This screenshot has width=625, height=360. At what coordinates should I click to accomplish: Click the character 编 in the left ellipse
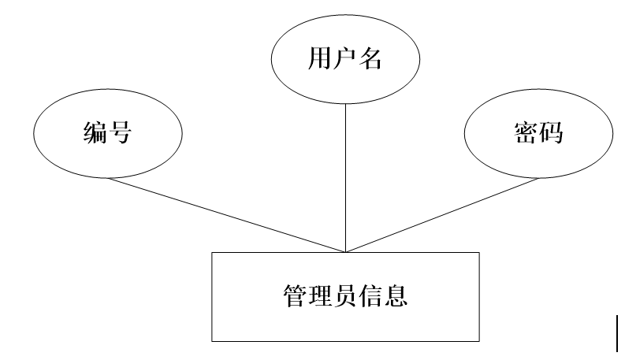coord(95,133)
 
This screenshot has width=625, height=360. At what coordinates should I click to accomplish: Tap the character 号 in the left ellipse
coord(119,133)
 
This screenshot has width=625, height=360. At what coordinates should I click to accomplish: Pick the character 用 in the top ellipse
coord(319,60)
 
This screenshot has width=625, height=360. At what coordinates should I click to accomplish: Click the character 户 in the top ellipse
coord(344,60)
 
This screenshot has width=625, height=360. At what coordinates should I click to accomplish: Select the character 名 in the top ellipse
coord(370,60)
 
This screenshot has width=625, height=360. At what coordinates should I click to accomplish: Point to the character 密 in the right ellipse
coord(525,133)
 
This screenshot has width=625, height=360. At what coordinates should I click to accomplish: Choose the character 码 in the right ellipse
coord(550,133)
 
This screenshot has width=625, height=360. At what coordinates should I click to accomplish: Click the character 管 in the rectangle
coord(295,295)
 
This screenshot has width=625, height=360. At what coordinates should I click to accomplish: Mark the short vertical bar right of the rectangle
coord(617,332)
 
